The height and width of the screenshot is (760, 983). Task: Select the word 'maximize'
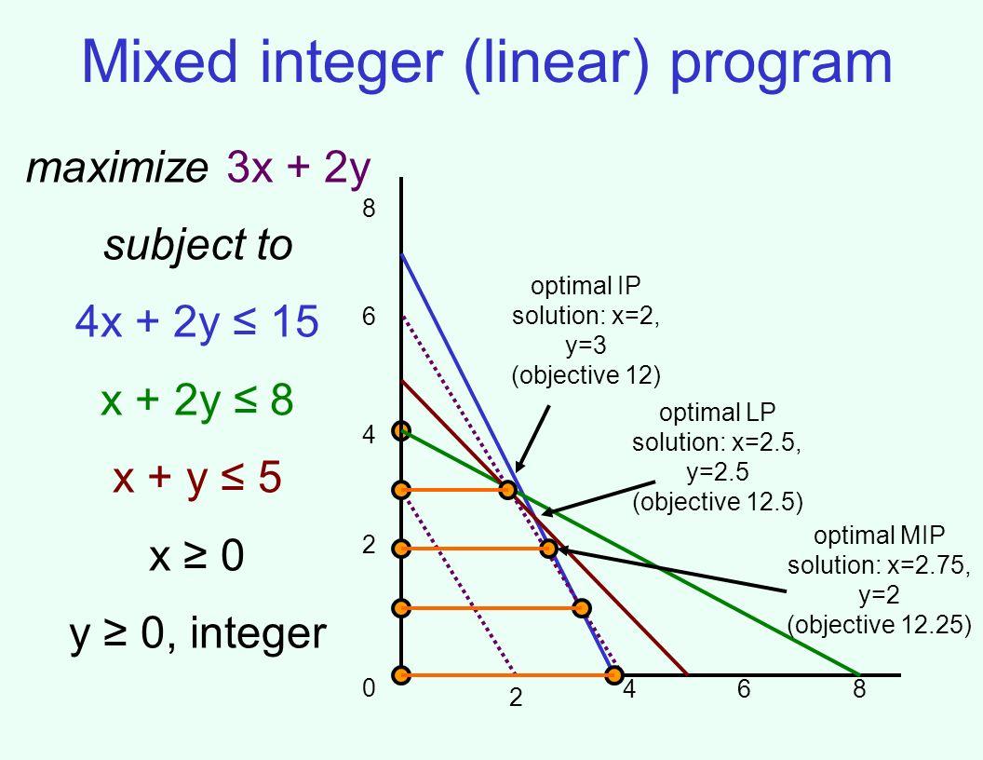pos(116,168)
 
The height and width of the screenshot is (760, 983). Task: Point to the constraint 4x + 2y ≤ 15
pos(196,321)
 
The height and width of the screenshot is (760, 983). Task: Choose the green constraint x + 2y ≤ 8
pos(196,400)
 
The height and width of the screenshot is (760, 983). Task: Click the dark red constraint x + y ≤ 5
pos(196,477)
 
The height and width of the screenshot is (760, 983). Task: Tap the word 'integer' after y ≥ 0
pos(258,633)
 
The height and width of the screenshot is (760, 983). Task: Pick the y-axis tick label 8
pos(369,209)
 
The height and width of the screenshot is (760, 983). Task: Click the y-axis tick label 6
pos(369,317)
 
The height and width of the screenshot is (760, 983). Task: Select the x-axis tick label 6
pos(744,688)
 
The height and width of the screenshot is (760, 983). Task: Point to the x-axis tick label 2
pos(516,698)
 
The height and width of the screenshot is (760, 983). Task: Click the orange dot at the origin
pos(401,674)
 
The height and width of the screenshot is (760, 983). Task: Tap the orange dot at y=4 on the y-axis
pos(401,431)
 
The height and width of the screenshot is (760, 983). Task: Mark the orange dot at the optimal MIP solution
pos(548,549)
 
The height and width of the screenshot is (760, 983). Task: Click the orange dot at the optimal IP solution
pos(508,489)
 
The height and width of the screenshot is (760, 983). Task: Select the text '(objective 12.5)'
pos(718,502)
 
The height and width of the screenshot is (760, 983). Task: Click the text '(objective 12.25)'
pos(879,625)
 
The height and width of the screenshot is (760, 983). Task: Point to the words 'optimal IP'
pos(586,286)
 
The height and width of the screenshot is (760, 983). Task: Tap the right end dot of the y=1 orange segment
pos(582,607)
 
